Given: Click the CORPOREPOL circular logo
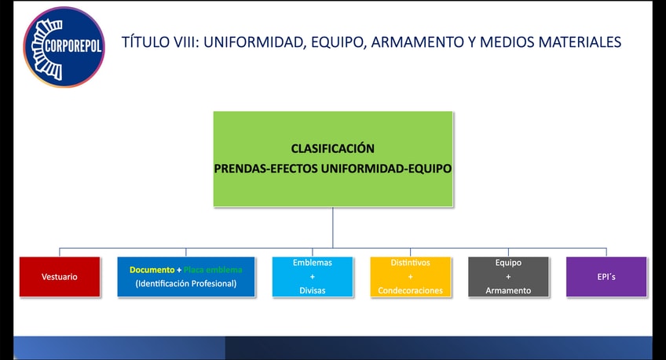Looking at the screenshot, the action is point(64,46).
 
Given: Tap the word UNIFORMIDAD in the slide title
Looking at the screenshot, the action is point(251,42).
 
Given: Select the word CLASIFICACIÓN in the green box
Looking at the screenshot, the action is point(332,148).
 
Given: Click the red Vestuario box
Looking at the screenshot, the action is point(60,277).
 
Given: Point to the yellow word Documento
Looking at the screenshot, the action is point(152,270).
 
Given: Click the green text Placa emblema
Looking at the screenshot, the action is point(213,270).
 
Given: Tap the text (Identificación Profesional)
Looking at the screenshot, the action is point(185,283).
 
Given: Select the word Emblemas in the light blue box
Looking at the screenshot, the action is point(312,263).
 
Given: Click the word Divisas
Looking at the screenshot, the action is point(312,290).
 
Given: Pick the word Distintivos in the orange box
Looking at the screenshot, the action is point(410,263).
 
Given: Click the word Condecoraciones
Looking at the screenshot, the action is point(410,290).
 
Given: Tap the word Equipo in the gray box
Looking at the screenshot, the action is point(508,263).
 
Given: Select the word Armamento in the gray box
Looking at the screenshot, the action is point(508,290).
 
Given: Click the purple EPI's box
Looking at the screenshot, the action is point(606,277).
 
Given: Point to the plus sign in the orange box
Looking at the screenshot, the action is point(410,277).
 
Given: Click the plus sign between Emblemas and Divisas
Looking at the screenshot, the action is point(312,277).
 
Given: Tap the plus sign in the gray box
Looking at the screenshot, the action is point(508,277).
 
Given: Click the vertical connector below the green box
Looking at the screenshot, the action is point(333,227).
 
